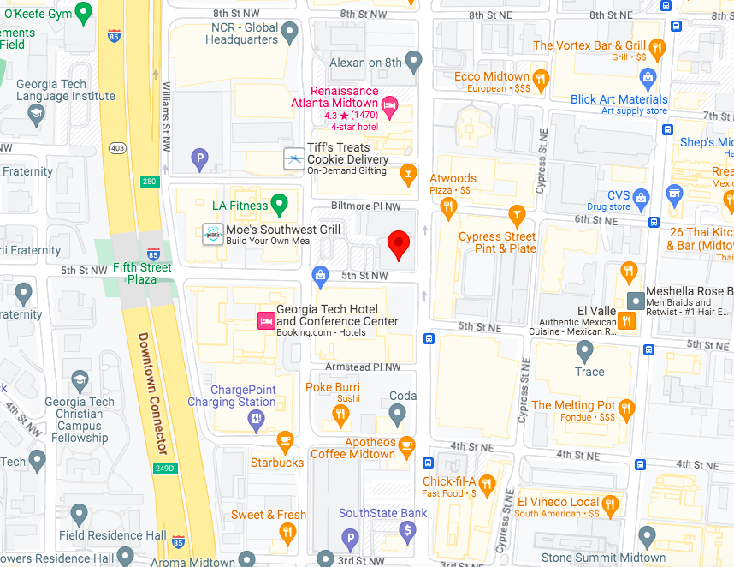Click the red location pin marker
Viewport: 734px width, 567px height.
click(x=398, y=244)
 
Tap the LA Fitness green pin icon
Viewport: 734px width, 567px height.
click(x=279, y=204)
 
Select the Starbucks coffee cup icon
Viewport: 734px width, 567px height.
click(x=285, y=442)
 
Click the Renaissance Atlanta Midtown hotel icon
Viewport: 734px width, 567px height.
click(x=389, y=106)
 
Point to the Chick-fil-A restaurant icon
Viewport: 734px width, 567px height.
click(x=487, y=486)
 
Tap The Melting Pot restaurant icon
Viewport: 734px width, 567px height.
click(x=626, y=408)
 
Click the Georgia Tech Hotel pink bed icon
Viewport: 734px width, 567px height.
click(x=266, y=320)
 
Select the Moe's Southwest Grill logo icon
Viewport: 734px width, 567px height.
click(x=212, y=233)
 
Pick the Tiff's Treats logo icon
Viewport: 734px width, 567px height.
click(x=293, y=158)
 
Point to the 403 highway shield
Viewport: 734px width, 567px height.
click(x=118, y=148)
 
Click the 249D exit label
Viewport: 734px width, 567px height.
click(x=165, y=468)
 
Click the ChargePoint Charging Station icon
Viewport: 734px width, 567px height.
click(x=256, y=419)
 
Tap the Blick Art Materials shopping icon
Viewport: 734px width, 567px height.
click(x=648, y=80)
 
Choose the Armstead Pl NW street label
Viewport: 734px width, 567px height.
click(x=363, y=367)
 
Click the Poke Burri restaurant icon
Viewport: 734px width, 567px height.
click(x=340, y=416)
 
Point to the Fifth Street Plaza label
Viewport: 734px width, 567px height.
click(x=142, y=272)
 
